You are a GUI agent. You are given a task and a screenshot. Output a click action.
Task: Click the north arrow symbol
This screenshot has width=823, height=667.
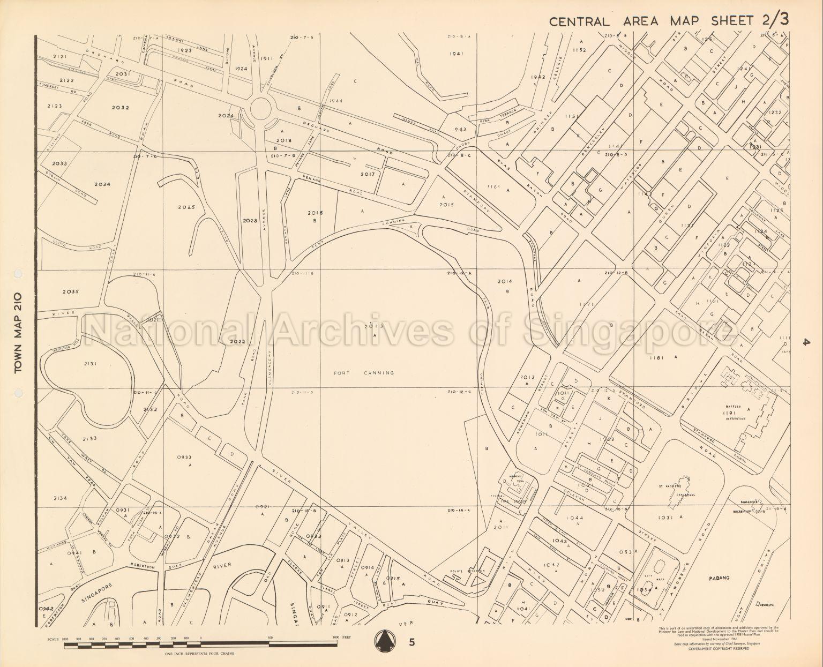[x=382, y=640]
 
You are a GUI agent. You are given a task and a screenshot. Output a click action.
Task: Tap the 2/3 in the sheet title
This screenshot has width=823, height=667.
[x=774, y=20]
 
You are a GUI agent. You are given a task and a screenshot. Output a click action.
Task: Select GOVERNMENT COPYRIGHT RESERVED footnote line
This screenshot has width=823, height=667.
[x=719, y=648]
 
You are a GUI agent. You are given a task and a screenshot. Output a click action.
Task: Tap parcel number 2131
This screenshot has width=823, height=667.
[x=90, y=364]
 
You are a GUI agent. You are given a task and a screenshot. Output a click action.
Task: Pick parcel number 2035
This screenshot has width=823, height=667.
[x=70, y=292]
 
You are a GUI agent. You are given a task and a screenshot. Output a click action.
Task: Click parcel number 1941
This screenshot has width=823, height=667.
[x=457, y=54]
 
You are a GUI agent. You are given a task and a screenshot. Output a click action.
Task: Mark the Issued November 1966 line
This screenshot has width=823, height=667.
[x=719, y=640]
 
